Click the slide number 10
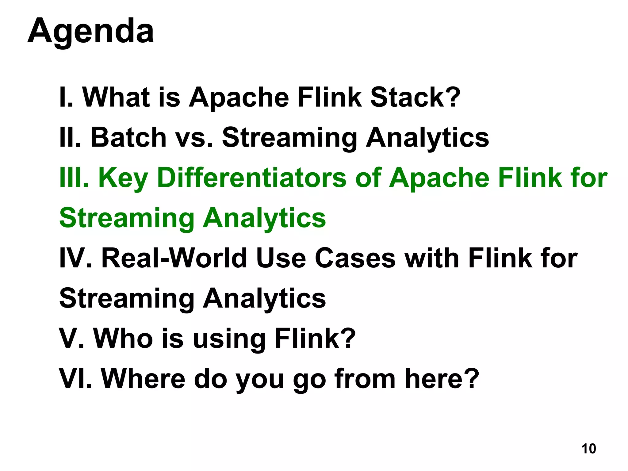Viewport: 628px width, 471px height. [x=588, y=449]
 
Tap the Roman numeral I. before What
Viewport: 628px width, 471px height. [x=66, y=97]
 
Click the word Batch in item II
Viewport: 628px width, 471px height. [x=128, y=137]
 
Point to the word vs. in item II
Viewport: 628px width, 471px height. [x=194, y=137]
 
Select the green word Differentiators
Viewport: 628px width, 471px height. [x=251, y=178]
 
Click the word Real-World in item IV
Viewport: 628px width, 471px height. [x=174, y=258]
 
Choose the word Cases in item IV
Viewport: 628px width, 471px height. [x=355, y=258]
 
